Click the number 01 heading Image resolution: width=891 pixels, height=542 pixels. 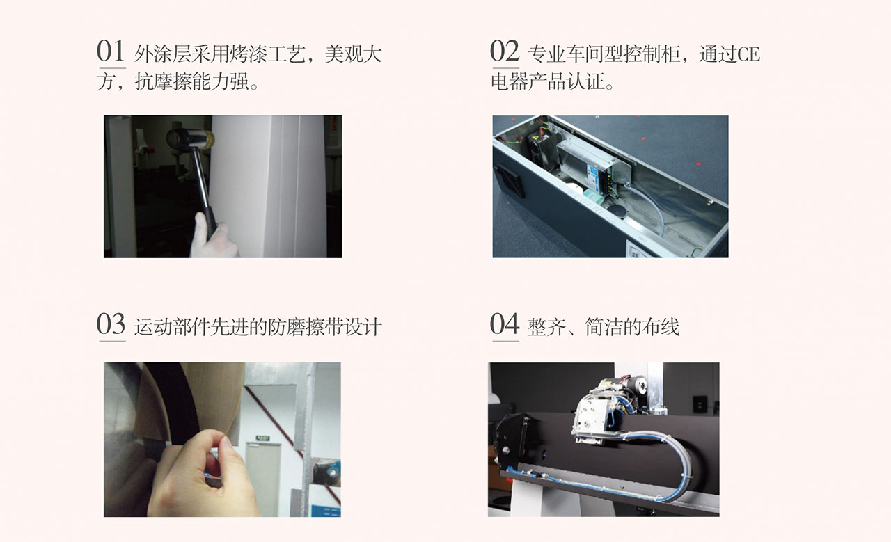coord(111,51)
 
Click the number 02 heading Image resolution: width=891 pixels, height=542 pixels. coord(505,51)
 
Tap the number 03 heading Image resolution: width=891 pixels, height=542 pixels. coord(111,324)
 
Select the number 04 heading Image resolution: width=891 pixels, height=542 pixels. coord(505,324)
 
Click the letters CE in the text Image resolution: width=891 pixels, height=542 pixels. coord(749,54)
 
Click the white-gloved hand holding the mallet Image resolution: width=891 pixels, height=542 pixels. coord(212,237)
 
